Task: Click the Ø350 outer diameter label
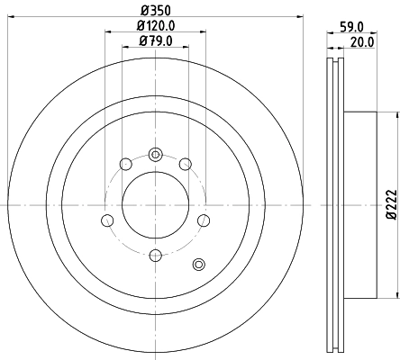[154, 10]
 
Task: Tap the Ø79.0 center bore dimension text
[154, 40]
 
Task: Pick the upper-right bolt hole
[186, 164]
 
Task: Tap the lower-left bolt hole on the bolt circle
[107, 221]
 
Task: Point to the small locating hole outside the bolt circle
[200, 264]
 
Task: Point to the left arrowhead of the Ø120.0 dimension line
[107, 33]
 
